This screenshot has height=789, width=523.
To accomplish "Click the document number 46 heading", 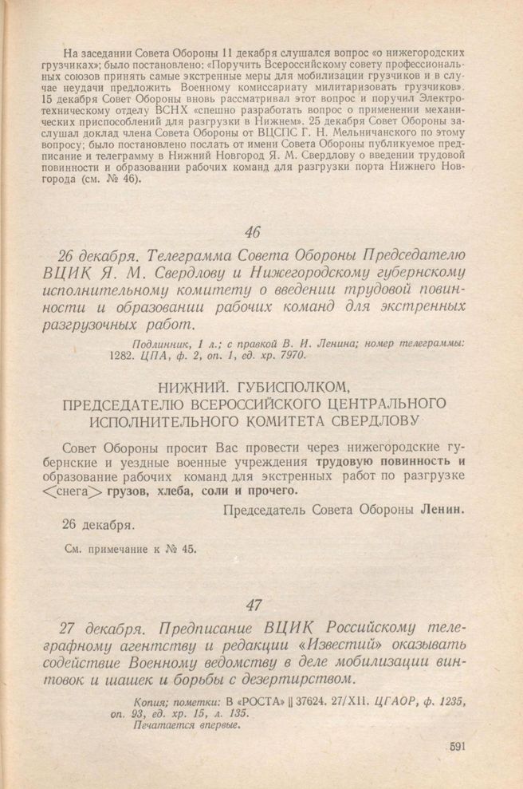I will coord(254,233).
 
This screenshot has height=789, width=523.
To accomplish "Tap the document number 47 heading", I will coord(254,603).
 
